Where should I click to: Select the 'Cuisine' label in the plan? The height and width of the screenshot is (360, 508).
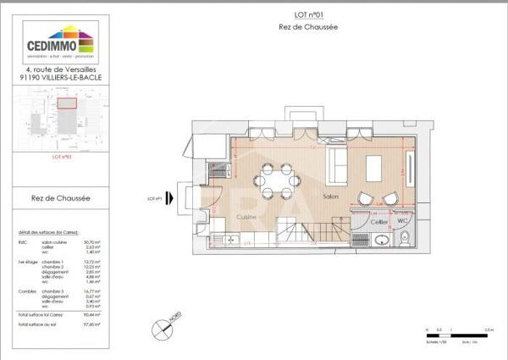pos(246,217)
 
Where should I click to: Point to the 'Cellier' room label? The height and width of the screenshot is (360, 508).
pos(379,221)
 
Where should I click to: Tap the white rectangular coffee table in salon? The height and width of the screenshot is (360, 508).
pos(376,164)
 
